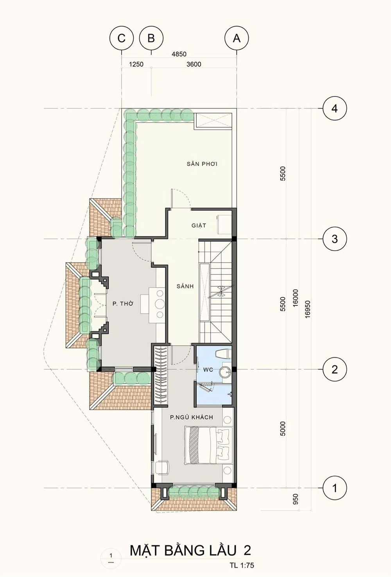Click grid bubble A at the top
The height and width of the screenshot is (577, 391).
237,38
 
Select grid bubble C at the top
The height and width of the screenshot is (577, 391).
121,38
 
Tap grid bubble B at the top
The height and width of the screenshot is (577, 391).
151,38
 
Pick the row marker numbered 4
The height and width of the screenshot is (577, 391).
335,109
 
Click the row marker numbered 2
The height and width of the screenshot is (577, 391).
335,370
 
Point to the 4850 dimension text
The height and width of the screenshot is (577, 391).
179,54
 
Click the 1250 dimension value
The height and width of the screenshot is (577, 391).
136,64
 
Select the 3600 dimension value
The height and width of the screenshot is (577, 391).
194,64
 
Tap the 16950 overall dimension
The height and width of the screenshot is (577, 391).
308,309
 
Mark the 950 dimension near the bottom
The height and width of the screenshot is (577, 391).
296,499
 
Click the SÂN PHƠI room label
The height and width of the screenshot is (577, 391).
202,163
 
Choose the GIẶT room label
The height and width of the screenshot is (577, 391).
199,226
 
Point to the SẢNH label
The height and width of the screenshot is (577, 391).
185,286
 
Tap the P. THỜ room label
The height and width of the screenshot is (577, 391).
123,304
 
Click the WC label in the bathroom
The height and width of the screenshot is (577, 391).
208,370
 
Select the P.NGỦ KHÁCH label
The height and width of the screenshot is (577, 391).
192,417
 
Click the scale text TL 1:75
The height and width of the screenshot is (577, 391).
242,565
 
